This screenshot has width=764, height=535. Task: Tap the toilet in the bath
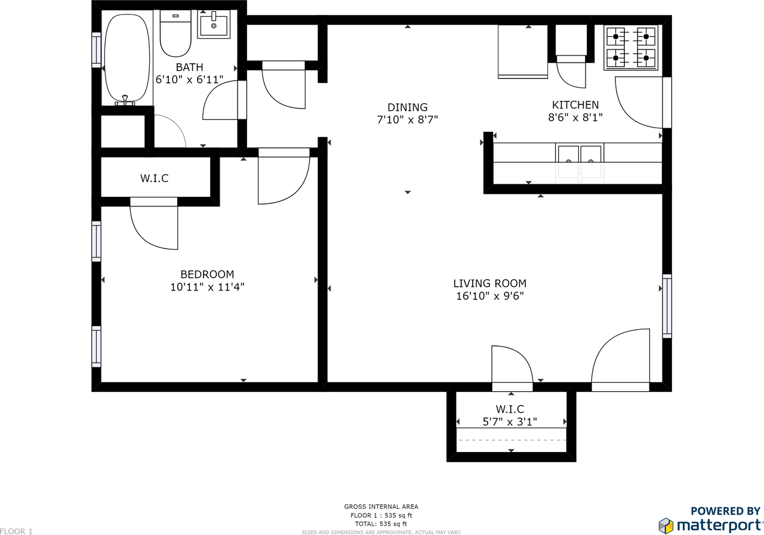click(175, 34)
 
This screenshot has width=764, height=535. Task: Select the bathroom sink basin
click(214, 24)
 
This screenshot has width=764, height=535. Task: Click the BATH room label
click(189, 67)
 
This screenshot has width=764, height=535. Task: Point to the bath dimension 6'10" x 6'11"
click(189, 79)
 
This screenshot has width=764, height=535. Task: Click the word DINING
click(407, 107)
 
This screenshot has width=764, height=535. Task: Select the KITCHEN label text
click(575, 104)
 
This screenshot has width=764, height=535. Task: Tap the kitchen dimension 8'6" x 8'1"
click(575, 117)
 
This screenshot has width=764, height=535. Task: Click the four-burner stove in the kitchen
click(631, 47)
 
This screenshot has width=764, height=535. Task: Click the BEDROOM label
click(207, 274)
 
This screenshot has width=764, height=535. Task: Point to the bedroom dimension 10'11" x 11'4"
click(207, 287)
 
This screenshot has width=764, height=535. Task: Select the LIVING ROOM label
click(490, 283)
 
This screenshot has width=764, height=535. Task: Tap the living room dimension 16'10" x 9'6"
click(490, 296)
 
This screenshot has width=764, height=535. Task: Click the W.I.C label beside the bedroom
click(154, 178)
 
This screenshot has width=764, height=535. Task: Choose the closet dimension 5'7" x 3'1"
click(510, 422)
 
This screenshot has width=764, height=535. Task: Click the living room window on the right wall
click(667, 306)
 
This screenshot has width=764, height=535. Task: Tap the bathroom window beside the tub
click(96, 50)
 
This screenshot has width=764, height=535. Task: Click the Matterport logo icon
click(666, 525)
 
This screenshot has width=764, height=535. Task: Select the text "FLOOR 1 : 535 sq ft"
click(381, 515)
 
